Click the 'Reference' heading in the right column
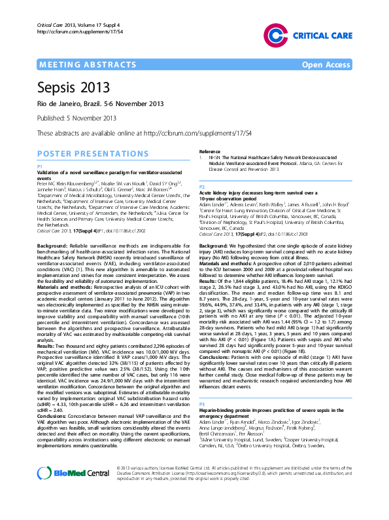[x=210, y=152]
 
